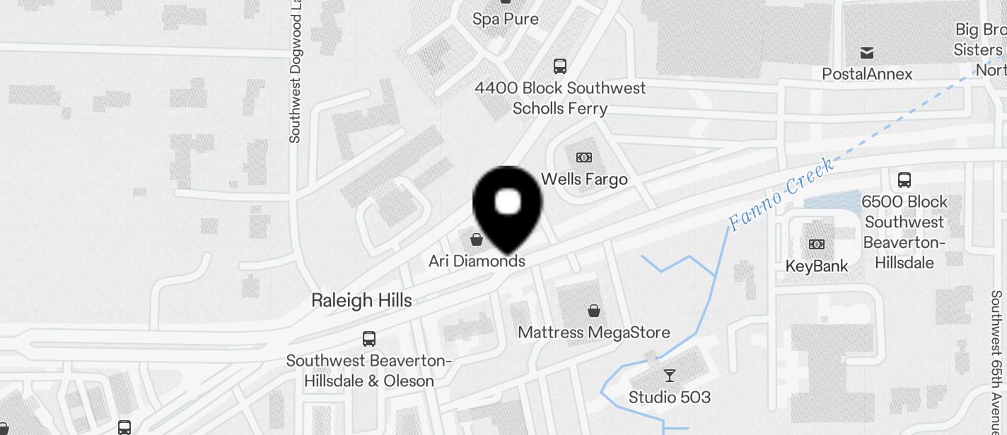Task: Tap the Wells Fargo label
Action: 584,179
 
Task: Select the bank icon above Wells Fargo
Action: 584,157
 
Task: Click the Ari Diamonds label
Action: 477,261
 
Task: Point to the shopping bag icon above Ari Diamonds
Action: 477,239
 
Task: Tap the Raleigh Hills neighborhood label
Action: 361,300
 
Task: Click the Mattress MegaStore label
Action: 594,333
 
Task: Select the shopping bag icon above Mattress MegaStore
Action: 595,310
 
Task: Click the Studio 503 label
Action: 669,398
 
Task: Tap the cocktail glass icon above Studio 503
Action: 669,375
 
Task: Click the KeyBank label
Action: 817,267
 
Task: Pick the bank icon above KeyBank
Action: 817,244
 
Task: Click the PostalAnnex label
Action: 867,74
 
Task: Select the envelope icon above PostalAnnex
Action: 867,53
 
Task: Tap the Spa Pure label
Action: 506,19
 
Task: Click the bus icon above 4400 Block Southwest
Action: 560,66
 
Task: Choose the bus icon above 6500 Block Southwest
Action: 904,180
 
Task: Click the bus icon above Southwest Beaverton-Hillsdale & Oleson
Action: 369,339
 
